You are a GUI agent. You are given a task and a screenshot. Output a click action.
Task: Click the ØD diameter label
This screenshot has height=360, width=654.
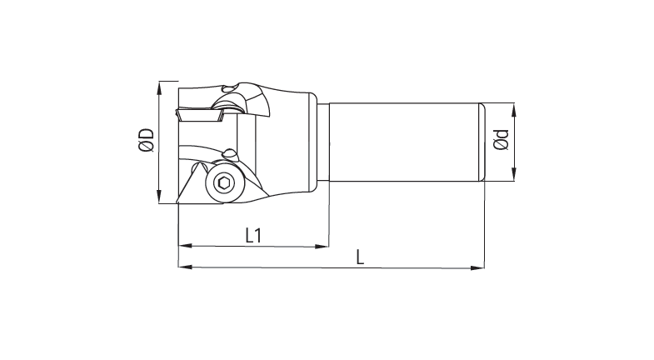[x=147, y=140]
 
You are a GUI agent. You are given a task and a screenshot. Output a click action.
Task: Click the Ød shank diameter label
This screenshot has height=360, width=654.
[x=501, y=141]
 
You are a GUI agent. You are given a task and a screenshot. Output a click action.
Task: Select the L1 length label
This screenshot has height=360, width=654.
[x=255, y=235]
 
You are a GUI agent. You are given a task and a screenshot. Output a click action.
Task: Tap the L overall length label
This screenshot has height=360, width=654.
[x=360, y=257]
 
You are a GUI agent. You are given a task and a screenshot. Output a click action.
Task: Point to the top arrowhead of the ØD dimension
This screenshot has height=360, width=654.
[x=159, y=84]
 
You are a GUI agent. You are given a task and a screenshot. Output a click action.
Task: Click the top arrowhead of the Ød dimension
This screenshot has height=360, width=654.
[x=513, y=107]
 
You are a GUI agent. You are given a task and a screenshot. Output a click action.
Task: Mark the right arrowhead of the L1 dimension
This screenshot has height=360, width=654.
[x=324, y=247]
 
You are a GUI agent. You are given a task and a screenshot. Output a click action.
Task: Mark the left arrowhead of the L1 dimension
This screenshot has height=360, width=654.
[x=182, y=247]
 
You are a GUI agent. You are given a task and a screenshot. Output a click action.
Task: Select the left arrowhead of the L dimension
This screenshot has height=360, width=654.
[x=182, y=267]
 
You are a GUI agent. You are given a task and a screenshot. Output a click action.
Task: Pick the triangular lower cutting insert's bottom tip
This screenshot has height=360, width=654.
[x=179, y=202]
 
